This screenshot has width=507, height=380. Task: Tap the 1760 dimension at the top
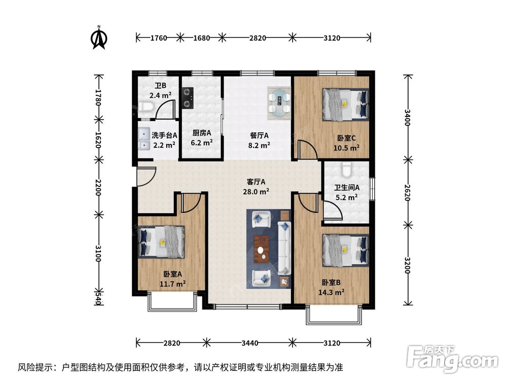point(158,37)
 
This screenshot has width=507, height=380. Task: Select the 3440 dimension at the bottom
point(250,343)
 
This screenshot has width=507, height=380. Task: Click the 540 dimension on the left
point(98,299)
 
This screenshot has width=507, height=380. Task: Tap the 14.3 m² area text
point(333,292)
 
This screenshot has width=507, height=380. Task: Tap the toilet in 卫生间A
point(347,169)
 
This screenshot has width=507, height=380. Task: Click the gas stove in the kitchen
point(189,98)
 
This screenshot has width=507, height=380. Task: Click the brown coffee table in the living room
point(262,249)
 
